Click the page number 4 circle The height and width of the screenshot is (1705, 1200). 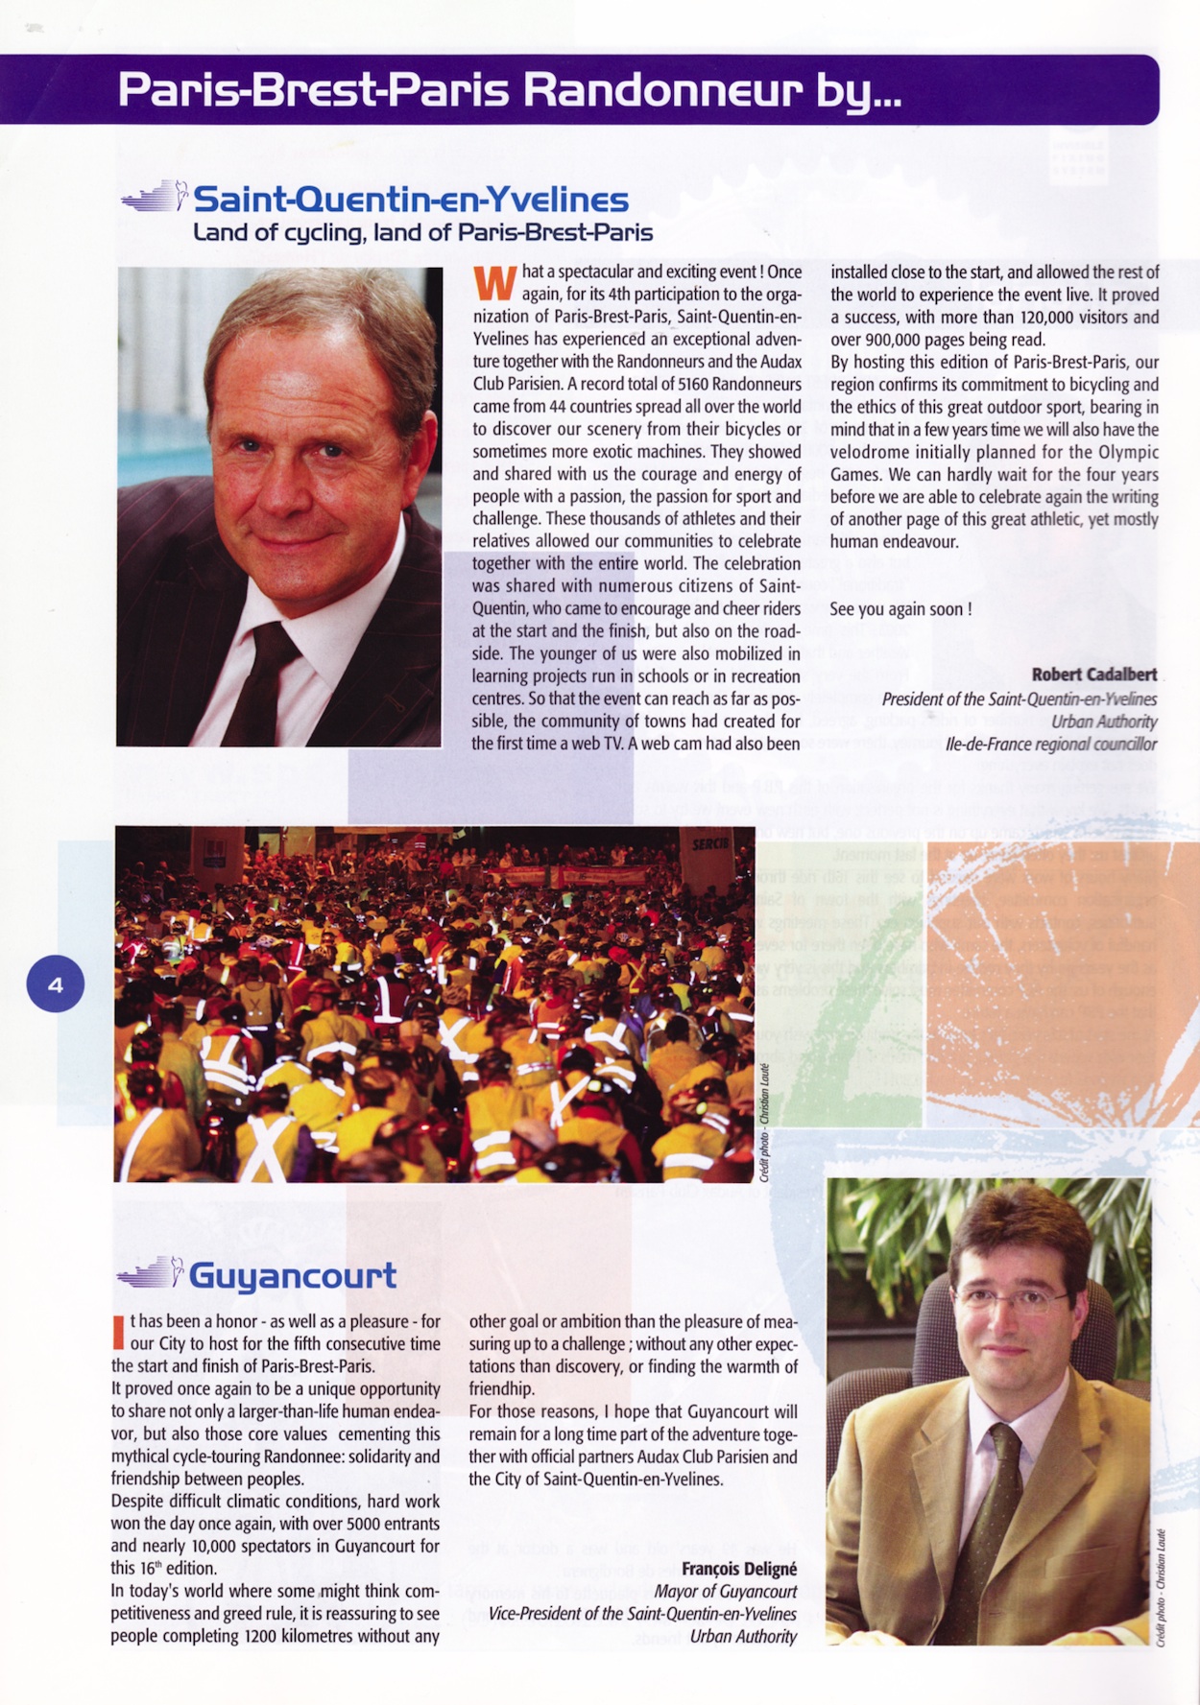pyautogui.click(x=56, y=984)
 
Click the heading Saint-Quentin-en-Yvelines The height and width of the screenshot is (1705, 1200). pyautogui.click(x=411, y=200)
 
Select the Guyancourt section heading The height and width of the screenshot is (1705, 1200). pyautogui.click(x=292, y=1275)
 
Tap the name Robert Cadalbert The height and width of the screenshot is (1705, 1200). pyautogui.click(x=1094, y=675)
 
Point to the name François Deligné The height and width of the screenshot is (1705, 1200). pyautogui.click(x=739, y=1569)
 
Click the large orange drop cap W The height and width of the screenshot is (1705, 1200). pyautogui.click(x=494, y=283)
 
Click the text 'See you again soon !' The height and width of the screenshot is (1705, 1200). pyautogui.click(x=900, y=609)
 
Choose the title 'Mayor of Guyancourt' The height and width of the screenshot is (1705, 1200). pyautogui.click(x=726, y=1592)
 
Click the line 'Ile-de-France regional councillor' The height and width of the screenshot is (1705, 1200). pyautogui.click(x=1051, y=745)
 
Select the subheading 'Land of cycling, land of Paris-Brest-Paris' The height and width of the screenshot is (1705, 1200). pyautogui.click(x=422, y=232)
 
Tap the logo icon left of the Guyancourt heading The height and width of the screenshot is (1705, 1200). pyautogui.click(x=151, y=1274)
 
